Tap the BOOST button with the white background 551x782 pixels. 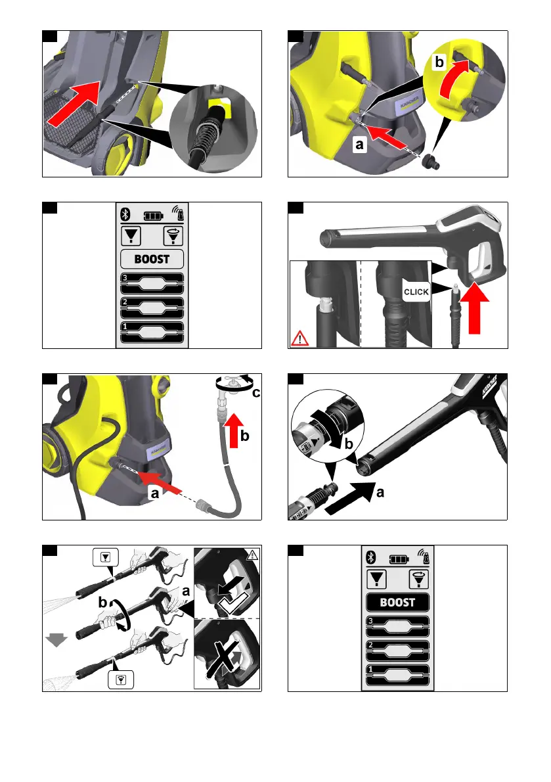pyautogui.click(x=152, y=258)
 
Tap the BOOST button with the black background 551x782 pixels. pyautogui.click(x=397, y=601)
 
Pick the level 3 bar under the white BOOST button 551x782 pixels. pyautogui.click(x=152, y=283)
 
